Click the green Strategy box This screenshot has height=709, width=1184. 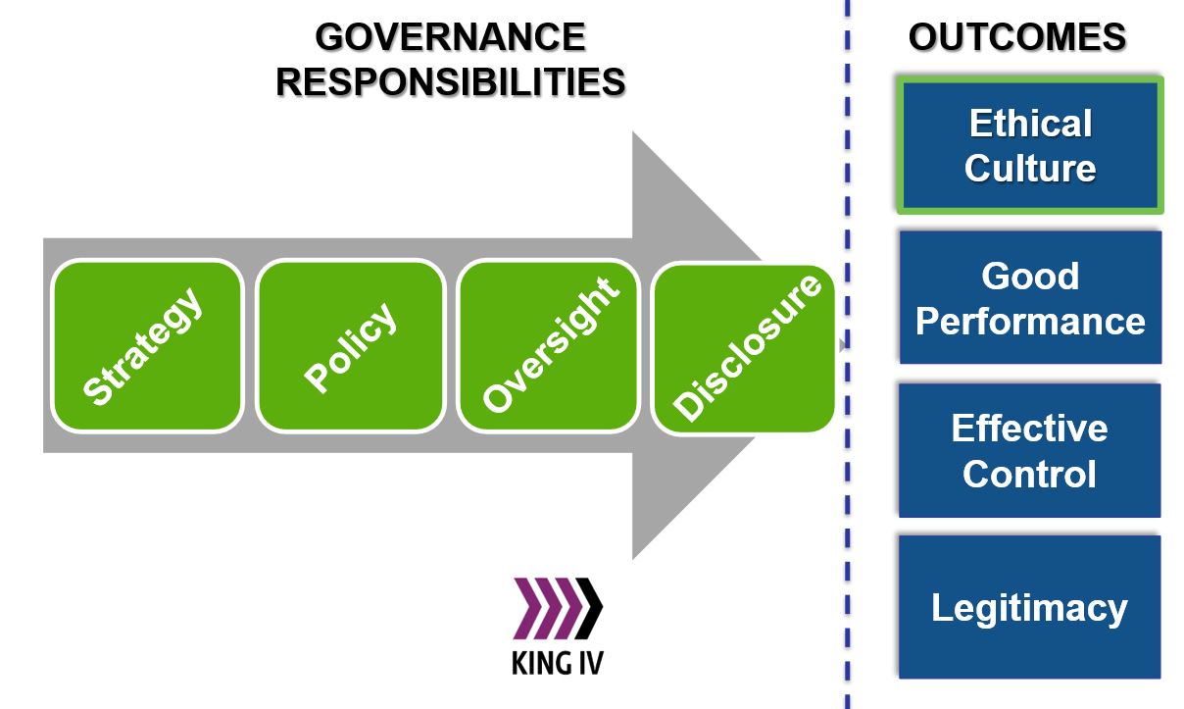pyautogui.click(x=147, y=346)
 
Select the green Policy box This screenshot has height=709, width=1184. pyautogui.click(x=351, y=346)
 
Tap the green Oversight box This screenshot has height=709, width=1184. pyautogui.click(x=549, y=346)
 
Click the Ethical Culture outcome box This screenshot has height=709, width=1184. pyautogui.click(x=1029, y=145)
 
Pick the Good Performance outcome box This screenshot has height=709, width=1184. pyautogui.click(x=1029, y=297)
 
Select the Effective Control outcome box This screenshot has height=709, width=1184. pyautogui.click(x=1029, y=450)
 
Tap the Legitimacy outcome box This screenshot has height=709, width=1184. pyautogui.click(x=1029, y=607)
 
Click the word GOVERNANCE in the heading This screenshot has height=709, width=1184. pyautogui.click(x=451, y=37)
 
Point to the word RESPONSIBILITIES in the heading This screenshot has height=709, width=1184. pyautogui.click(x=451, y=82)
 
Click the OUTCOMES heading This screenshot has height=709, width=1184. pyautogui.click(x=1017, y=37)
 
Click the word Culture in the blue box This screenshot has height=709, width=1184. pyautogui.click(x=1030, y=168)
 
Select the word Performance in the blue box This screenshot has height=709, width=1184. pyautogui.click(x=1030, y=321)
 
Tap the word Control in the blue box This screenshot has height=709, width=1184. pyautogui.click(x=1029, y=474)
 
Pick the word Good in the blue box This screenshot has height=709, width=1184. pyautogui.click(x=1030, y=276)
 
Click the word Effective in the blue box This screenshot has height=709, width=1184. pyautogui.click(x=1029, y=429)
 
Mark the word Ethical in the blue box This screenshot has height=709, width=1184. pyautogui.click(x=1030, y=124)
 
